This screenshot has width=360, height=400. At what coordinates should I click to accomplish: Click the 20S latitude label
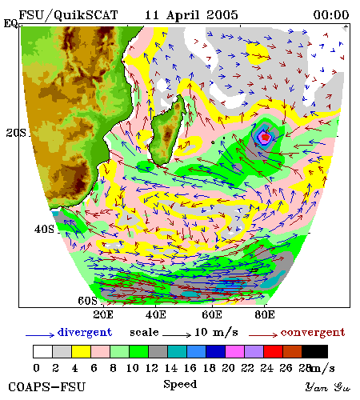pos(16,133)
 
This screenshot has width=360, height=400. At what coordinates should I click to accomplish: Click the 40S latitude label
pos(44,229)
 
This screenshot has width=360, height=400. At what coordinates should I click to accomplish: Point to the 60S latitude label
pos(88,301)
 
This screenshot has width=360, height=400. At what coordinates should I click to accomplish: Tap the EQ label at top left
pos(10,23)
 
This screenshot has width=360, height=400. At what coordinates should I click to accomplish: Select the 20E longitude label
pos(103,314)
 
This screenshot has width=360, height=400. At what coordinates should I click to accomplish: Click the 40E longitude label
pos(156,314)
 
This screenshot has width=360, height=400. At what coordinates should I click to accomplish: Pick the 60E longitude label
pos(212,314)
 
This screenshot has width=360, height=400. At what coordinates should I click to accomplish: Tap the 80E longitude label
pos(265,314)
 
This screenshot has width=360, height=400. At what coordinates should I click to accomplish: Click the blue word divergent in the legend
pos(85,333)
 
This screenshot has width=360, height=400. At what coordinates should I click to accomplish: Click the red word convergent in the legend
pos(313,333)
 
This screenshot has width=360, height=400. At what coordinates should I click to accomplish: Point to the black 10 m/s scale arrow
pos(177,334)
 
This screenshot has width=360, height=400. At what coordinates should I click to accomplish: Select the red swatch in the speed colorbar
pos(273,351)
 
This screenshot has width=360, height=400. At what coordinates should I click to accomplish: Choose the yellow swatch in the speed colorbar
pos(82,351)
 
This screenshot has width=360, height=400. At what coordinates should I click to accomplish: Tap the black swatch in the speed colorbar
pos(314,351)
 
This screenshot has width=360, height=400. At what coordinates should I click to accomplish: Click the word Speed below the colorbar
pos(180,384)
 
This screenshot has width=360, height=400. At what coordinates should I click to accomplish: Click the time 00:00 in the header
pos(331,15)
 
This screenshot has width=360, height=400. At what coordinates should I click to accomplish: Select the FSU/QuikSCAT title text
pos(68,15)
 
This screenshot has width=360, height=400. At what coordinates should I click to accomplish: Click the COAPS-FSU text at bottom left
pos(47,387)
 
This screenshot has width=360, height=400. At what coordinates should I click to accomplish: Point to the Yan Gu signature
pos(327,387)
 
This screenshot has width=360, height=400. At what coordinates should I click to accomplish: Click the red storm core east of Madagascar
pos(266,137)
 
